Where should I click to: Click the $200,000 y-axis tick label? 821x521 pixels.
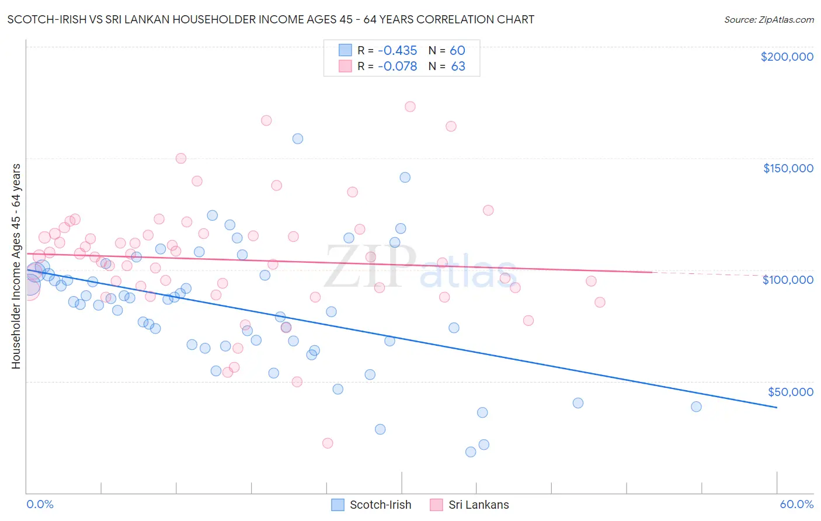click(x=787, y=57)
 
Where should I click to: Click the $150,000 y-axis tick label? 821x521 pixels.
click(x=788, y=168)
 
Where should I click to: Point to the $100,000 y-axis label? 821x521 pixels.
click(x=788, y=280)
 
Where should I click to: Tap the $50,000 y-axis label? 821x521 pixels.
click(x=790, y=392)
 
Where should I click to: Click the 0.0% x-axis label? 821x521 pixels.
click(x=40, y=504)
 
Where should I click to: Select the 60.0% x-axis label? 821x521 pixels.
click(x=796, y=504)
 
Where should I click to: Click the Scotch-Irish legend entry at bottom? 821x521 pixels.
click(x=371, y=505)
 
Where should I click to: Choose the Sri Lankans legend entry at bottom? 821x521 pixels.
click(x=469, y=505)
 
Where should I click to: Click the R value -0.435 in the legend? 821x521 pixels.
click(x=397, y=51)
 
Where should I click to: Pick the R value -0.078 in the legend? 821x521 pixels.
click(x=397, y=67)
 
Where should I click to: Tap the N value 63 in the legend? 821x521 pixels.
click(x=458, y=67)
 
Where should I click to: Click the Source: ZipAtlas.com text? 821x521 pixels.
click(x=768, y=20)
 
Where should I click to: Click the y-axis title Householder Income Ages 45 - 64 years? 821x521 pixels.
click(x=16, y=266)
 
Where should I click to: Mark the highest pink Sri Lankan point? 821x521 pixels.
click(x=410, y=107)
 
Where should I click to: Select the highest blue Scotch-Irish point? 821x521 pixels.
click(x=298, y=139)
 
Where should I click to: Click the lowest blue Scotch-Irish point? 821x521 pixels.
click(x=471, y=452)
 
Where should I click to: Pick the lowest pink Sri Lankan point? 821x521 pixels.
click(x=328, y=443)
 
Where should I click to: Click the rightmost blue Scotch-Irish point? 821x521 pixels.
click(x=696, y=407)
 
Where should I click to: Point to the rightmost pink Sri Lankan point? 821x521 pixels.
click(x=600, y=303)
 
